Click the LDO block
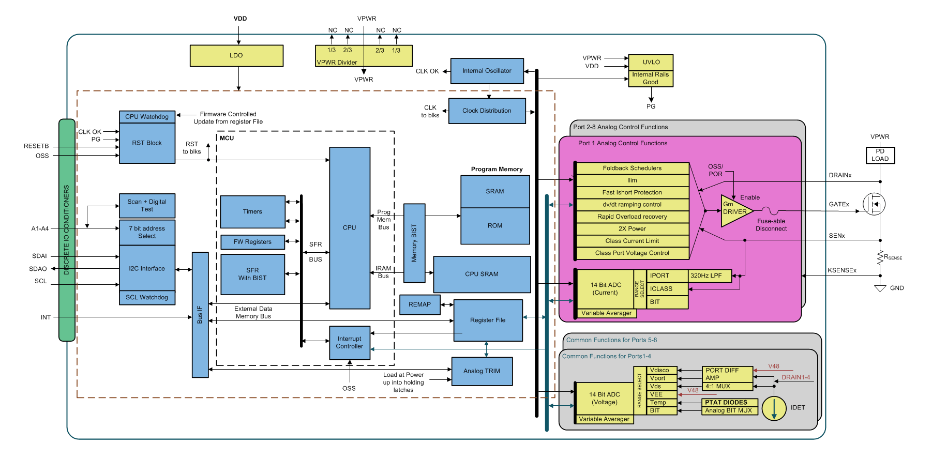coord(236,56)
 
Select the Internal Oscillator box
coord(487,71)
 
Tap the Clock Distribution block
coord(487,111)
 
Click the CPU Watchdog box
coord(147,117)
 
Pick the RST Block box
coord(147,143)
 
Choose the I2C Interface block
coord(147,268)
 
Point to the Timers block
coord(252,211)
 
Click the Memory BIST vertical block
coord(414,243)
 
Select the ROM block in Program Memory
coord(495,226)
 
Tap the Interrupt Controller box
coord(350,343)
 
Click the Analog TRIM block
coord(482,371)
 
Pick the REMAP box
coord(419,304)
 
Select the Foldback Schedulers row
coord(632,168)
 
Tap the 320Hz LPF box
coord(710,276)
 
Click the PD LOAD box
coord(880,155)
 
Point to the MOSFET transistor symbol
coord(875,204)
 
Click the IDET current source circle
coord(774,408)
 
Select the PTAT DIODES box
coord(730,402)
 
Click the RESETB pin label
coord(36,146)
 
